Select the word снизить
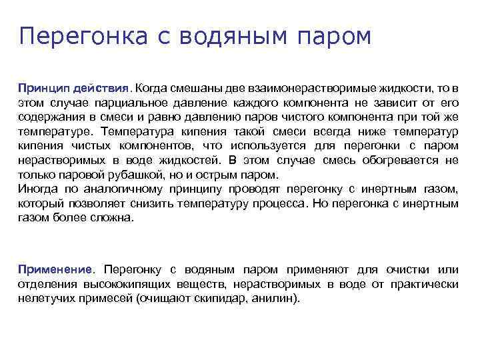pyautogui.click(x=167, y=204)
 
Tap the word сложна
pyautogui.click(x=115, y=218)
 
